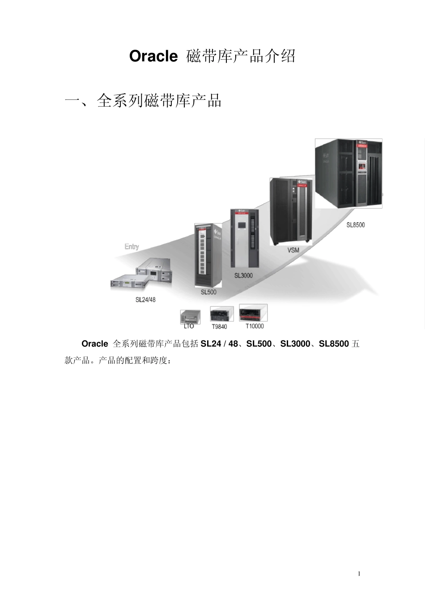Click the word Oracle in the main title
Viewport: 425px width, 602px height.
click(x=153, y=57)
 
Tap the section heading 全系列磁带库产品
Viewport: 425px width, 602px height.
click(x=159, y=101)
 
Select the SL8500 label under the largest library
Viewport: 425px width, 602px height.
click(x=356, y=224)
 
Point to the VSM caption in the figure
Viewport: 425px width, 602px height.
click(x=293, y=250)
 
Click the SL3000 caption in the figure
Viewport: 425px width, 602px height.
click(x=243, y=275)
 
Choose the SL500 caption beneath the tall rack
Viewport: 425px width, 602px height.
click(x=208, y=292)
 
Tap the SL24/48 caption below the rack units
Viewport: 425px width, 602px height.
click(x=145, y=299)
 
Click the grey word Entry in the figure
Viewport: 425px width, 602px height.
click(x=132, y=246)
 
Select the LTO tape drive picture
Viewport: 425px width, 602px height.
click(x=190, y=316)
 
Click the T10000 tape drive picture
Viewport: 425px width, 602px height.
click(x=253, y=313)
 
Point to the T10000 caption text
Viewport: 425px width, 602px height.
click(x=255, y=326)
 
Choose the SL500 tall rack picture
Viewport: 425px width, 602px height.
click(x=208, y=255)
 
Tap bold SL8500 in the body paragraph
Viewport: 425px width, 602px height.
click(x=334, y=344)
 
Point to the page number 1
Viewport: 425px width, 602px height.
click(x=359, y=574)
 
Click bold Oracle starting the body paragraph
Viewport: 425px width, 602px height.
click(x=94, y=344)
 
